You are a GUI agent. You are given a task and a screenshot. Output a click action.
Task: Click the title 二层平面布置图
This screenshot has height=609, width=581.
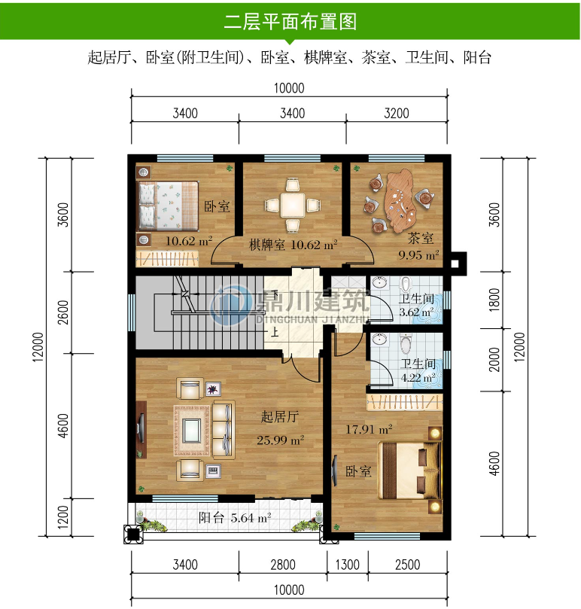click(290, 22)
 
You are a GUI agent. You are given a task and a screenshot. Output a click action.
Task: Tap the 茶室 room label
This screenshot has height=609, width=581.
click(421, 239)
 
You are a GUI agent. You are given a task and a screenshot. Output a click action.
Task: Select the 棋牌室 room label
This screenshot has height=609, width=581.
click(266, 245)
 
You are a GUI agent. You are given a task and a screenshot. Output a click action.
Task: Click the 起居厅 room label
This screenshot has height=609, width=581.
click(280, 417)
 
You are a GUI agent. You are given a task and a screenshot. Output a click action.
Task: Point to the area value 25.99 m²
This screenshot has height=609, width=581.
click(280, 440)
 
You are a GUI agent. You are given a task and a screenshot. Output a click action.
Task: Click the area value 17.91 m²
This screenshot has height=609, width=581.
click(369, 430)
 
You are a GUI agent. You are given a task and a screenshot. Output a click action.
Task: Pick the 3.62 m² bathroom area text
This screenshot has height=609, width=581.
click(416, 312)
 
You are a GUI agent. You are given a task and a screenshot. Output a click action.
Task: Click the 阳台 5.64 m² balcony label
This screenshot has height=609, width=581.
click(234, 517)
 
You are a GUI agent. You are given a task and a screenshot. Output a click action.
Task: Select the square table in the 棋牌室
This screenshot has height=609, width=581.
click(292, 204)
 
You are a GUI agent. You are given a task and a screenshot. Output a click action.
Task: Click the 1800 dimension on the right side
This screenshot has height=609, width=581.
click(494, 301)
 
